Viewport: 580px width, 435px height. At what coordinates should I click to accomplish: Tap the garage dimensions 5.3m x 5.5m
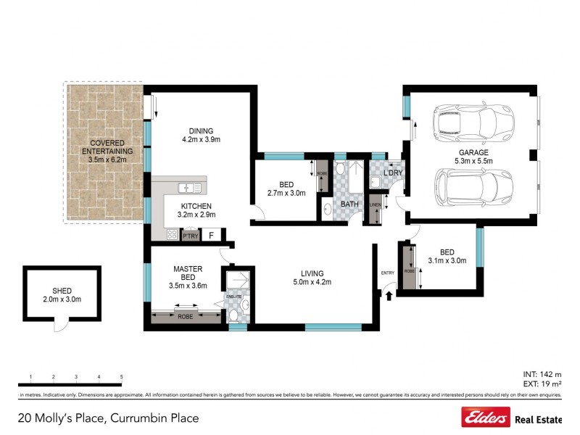tap(473, 161)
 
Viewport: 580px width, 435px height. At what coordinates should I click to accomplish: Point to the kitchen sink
tap(191, 188)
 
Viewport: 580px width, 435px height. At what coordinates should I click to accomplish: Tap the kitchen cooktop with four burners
tap(172, 234)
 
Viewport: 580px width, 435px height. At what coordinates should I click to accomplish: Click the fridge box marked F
tap(212, 235)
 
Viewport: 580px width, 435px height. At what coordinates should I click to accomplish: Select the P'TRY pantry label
tap(191, 236)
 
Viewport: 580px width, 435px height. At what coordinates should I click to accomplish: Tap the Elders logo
tap(485, 418)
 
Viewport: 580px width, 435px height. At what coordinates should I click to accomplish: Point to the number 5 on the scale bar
tap(121, 377)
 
